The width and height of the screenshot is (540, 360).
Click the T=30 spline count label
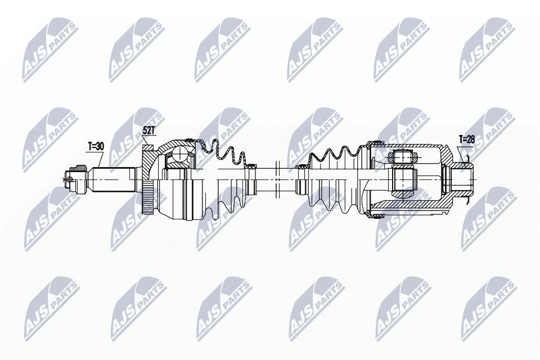point(96,146)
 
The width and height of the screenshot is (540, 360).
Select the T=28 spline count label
point(467,139)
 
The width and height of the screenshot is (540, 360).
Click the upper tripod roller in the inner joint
point(403,158)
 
